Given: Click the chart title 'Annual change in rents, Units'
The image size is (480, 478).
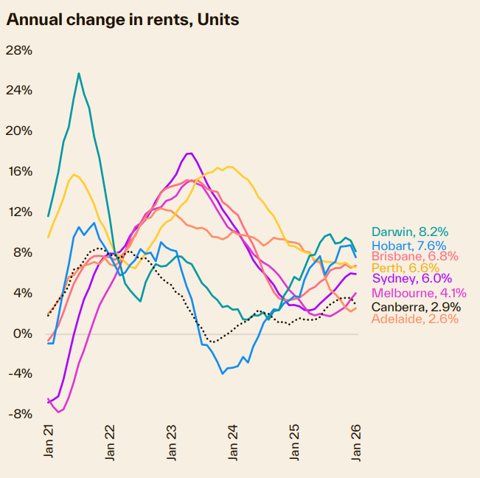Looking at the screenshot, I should (x=122, y=19).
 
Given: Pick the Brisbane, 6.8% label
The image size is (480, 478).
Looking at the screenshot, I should (x=414, y=257).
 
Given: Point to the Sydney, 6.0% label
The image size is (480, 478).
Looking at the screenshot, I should (x=411, y=279).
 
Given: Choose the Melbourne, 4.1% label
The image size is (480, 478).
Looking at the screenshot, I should (x=417, y=294).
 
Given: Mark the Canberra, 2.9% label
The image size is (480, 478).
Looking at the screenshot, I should (x=416, y=306).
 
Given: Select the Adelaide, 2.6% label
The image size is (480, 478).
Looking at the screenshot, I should (x=414, y=319).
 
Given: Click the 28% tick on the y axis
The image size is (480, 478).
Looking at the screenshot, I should (x=19, y=50).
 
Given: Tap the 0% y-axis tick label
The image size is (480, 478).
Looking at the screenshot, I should (x=23, y=333).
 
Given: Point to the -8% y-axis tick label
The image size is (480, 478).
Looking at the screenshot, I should (x=19, y=414).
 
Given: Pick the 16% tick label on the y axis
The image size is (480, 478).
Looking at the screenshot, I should (x=19, y=171).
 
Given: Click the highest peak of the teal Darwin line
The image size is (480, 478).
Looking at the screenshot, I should (x=79, y=73).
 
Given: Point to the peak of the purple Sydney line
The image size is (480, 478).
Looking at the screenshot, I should (x=189, y=153).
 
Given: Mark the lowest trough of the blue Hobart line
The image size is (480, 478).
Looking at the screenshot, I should (x=223, y=373).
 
